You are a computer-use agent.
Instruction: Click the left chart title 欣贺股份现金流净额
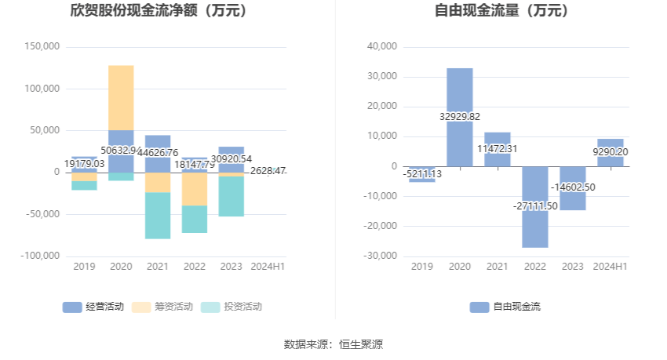pyautogui.click(x=158, y=11)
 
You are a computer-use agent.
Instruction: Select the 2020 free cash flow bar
pyautogui.click(x=460, y=94)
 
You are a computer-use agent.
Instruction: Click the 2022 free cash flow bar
pyautogui.click(x=535, y=227)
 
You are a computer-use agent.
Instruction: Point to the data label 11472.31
pyautogui.click(x=498, y=148)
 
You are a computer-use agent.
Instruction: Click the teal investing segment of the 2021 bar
pyautogui.click(x=158, y=216)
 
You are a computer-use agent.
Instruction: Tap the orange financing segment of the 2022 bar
pyautogui.click(x=195, y=189)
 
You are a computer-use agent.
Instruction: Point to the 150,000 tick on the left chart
pyautogui.click(x=43, y=47)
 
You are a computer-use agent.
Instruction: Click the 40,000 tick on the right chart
pyautogui.click(x=383, y=47)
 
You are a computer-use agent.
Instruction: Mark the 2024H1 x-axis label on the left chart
pyautogui.click(x=268, y=267)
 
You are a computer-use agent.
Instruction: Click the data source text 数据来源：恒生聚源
pyautogui.click(x=333, y=344)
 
